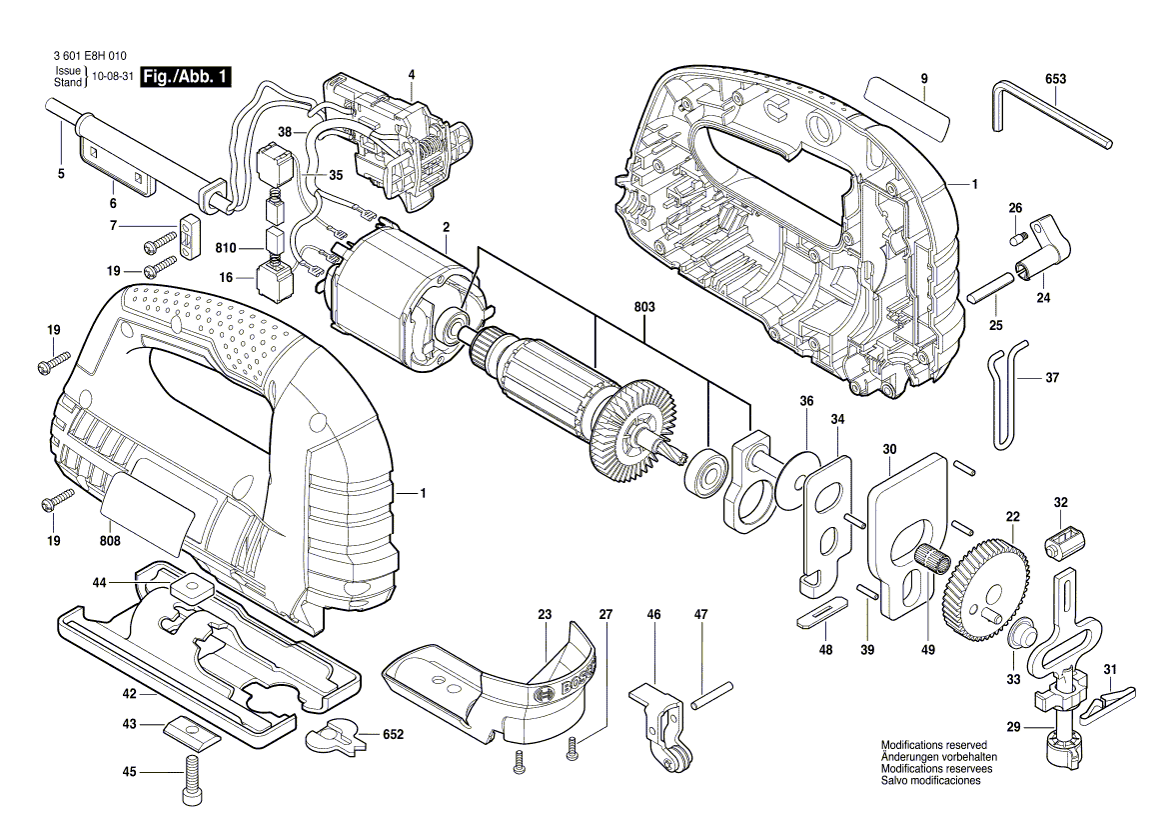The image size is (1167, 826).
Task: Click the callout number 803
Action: [x=643, y=308]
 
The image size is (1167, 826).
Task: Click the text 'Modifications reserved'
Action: [x=933, y=746]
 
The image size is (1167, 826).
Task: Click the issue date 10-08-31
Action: [x=112, y=77]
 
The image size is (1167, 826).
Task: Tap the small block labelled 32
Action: [x=1062, y=544]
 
